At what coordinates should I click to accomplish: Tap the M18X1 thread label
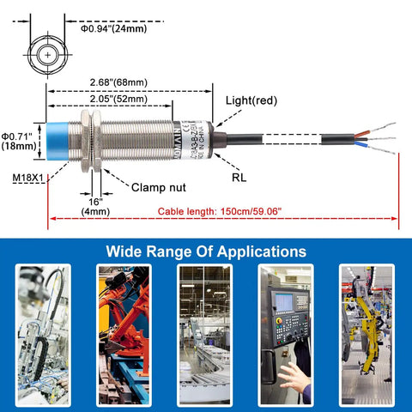click(28, 178)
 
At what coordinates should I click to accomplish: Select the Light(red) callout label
click(251, 100)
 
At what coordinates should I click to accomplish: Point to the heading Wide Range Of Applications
click(205, 251)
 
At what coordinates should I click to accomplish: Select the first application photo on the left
click(42, 335)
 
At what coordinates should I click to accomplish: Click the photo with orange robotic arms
click(124, 335)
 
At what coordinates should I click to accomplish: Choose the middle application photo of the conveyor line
click(204, 335)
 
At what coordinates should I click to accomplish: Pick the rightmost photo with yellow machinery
click(367, 335)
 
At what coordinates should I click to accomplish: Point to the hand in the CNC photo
click(294, 378)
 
